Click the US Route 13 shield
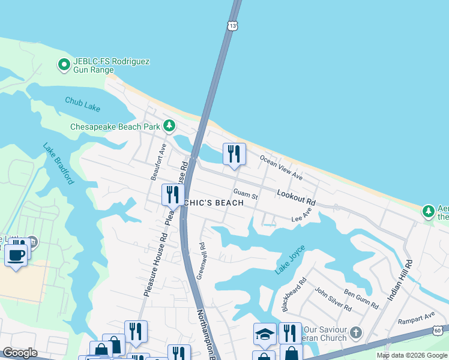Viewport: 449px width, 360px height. [233, 25]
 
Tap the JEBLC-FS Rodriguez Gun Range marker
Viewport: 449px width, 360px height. [64, 64]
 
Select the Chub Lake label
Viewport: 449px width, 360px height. [83, 107]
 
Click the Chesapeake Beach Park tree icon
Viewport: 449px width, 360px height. [170, 126]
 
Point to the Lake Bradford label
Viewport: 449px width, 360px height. [58, 163]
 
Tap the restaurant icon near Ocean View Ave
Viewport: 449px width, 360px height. [234, 154]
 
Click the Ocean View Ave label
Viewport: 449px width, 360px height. [281, 167]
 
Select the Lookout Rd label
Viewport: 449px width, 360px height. [296, 197]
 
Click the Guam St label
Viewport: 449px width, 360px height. [245, 195]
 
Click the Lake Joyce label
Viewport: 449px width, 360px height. [291, 260]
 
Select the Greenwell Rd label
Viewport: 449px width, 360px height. [203, 254]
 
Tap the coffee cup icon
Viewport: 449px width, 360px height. [16, 254]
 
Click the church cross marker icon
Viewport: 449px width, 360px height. [356, 332]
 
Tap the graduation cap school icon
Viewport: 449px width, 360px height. [264, 334]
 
